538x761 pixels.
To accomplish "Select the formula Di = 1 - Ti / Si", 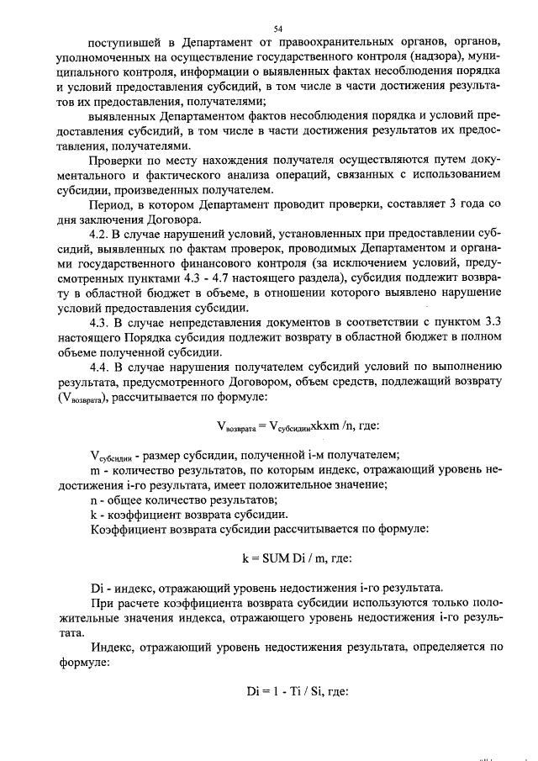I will click(294, 692).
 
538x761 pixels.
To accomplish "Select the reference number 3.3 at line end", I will click(492, 321).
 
